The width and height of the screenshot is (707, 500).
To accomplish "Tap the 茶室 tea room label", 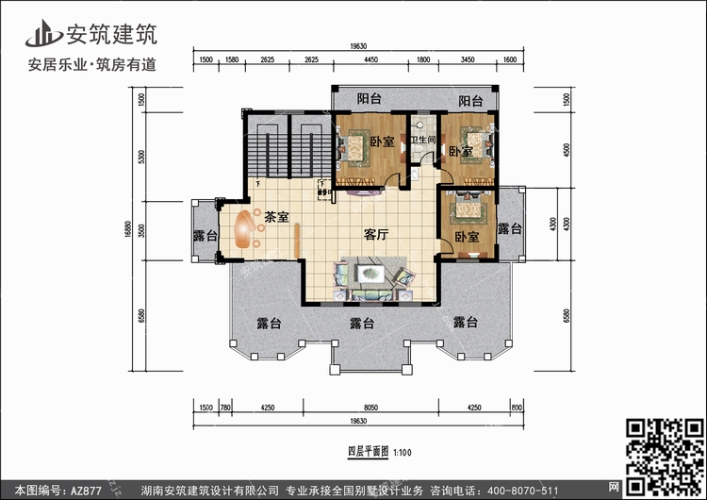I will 276,215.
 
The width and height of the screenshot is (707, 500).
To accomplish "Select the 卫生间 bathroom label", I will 421,142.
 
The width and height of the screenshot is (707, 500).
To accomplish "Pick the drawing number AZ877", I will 88,488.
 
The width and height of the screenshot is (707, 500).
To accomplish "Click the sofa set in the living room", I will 371,280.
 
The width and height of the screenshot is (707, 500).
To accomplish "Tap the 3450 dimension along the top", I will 467,60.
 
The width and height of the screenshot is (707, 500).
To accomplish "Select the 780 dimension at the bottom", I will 225,407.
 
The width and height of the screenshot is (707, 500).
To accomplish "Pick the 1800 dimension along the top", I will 423,60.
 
